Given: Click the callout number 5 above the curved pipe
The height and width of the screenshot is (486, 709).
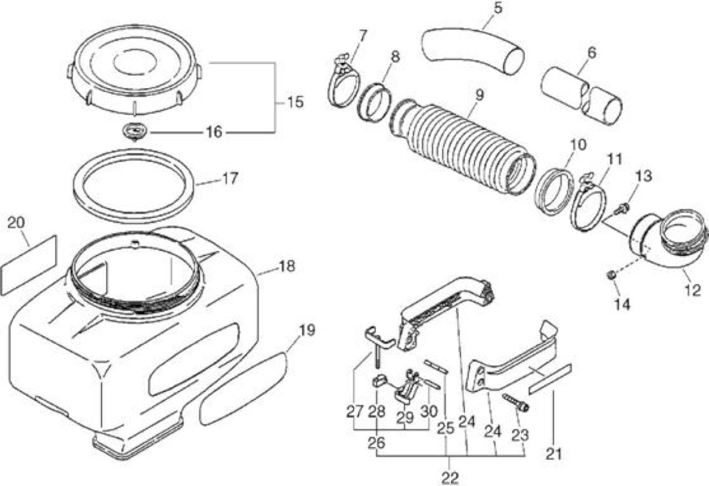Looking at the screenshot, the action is click(x=498, y=8).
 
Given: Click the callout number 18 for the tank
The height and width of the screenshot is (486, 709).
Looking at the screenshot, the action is click(x=287, y=266).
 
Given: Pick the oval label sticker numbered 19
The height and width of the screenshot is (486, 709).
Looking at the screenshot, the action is click(x=243, y=389).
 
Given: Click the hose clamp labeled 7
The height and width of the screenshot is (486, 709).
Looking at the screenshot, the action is click(x=343, y=82).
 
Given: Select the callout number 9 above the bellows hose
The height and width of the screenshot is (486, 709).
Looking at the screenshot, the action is click(x=480, y=95).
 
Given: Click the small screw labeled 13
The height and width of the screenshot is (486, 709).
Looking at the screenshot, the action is click(x=621, y=209).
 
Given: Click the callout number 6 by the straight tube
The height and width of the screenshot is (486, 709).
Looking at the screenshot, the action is click(x=592, y=53).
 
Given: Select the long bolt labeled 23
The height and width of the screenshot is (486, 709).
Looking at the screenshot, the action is click(x=516, y=402).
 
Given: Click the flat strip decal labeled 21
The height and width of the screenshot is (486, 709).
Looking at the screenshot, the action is click(x=551, y=379).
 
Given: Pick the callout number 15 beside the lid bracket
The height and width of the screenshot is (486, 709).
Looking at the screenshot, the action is click(x=295, y=102).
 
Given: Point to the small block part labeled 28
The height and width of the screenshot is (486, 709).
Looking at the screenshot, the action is click(x=378, y=380).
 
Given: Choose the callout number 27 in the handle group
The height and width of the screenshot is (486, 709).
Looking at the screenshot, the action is click(x=354, y=412).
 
